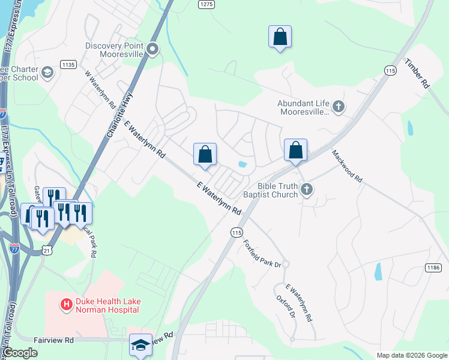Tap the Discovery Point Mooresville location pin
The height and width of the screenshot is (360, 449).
click(153, 49)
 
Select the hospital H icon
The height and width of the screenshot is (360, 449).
click(66, 305)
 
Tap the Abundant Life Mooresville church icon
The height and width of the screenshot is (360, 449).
click(339, 107)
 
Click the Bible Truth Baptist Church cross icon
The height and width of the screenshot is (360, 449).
click(307, 190)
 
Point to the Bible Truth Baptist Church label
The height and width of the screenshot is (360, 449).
click(270, 190)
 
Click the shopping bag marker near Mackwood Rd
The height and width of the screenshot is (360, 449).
click(296, 151)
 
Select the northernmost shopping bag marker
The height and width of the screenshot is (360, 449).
click(280, 37)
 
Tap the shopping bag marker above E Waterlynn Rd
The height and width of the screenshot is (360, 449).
click(205, 154)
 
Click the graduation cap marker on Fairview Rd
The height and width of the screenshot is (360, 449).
click(140, 345)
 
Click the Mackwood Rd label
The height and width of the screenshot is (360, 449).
click(348, 166)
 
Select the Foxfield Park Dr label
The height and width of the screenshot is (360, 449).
click(262, 254)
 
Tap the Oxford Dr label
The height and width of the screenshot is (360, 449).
click(286, 307)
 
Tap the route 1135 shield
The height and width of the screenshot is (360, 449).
click(68, 64)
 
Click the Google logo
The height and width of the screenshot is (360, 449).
click(20, 353)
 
